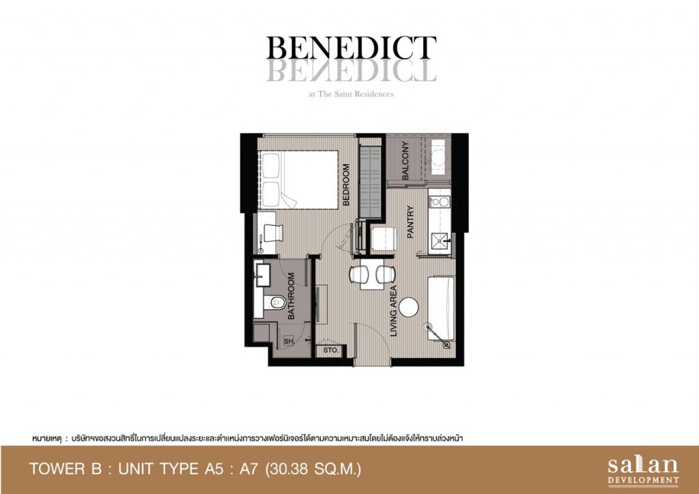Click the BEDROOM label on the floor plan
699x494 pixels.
346,185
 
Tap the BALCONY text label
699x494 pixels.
405,160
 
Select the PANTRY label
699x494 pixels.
410,221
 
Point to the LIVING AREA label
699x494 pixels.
393,311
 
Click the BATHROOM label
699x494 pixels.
291,295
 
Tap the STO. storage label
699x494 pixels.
331,351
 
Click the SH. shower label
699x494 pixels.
289,342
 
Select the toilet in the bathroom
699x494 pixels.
274,303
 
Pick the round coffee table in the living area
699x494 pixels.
409,307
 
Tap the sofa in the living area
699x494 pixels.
441,308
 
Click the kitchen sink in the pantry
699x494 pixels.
440,241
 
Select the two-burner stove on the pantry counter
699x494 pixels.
440,202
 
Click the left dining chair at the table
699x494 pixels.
358,274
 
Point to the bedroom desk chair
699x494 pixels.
273,233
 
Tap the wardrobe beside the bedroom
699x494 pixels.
371,181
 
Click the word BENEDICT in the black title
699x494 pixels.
351,48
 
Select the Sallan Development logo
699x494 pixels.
643,470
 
